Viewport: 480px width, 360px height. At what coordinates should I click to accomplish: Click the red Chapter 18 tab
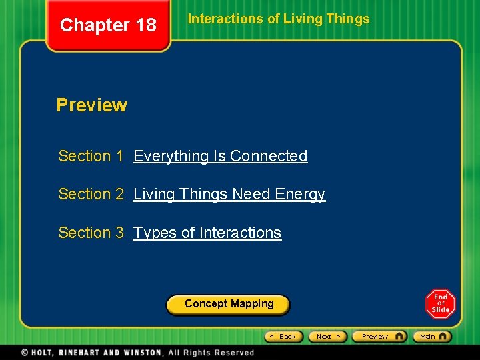pyautogui.click(x=108, y=25)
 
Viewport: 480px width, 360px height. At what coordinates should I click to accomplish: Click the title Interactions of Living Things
pyautogui.click(x=279, y=19)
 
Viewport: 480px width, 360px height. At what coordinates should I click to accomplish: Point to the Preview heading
pyautogui.click(x=91, y=105)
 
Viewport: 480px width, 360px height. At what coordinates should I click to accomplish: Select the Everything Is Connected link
pyautogui.click(x=220, y=156)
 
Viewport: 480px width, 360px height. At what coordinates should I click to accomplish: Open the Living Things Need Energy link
pyautogui.click(x=229, y=194)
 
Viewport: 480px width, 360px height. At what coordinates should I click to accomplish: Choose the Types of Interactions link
pyautogui.click(x=207, y=233)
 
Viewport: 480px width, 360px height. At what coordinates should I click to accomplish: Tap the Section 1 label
pyautogui.click(x=91, y=156)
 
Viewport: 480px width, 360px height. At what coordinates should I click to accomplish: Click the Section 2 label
pyautogui.click(x=91, y=194)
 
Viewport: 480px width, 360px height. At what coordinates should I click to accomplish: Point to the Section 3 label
pyautogui.click(x=91, y=233)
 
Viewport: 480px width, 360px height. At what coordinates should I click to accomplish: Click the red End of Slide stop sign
pyautogui.click(x=441, y=304)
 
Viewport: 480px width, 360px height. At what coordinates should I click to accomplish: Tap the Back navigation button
pyautogui.click(x=284, y=337)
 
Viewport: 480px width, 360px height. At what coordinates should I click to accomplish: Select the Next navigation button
pyautogui.click(x=328, y=337)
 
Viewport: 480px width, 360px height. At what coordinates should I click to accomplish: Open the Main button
pyautogui.click(x=432, y=337)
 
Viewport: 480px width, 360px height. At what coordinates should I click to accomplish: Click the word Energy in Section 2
pyautogui.click(x=299, y=194)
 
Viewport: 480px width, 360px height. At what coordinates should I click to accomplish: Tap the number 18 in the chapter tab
pyautogui.click(x=146, y=25)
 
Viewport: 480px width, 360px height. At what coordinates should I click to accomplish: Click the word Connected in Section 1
pyautogui.click(x=269, y=156)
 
